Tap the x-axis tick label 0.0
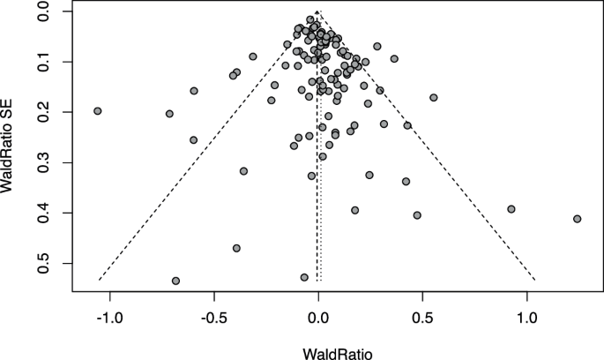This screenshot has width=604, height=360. point(318,317)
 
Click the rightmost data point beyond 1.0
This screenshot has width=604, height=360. point(577,219)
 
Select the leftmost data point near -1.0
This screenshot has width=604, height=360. point(98,111)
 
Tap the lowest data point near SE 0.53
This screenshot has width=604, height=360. point(175,281)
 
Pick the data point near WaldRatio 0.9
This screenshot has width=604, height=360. point(511,209)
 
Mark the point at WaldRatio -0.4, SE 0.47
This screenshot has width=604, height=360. point(236,248)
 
